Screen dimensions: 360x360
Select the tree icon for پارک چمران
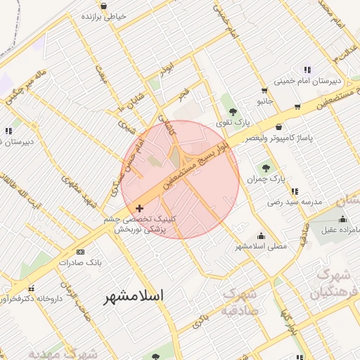tap(266, 167)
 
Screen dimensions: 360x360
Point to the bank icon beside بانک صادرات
tap(80, 252)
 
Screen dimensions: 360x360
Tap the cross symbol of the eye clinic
tap(139, 208)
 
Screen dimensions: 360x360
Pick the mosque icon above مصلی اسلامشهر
tap(262, 236)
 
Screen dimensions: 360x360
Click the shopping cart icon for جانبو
tap(264, 90)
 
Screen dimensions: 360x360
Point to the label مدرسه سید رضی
tap(293, 202)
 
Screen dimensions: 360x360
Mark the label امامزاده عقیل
tap(335, 230)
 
